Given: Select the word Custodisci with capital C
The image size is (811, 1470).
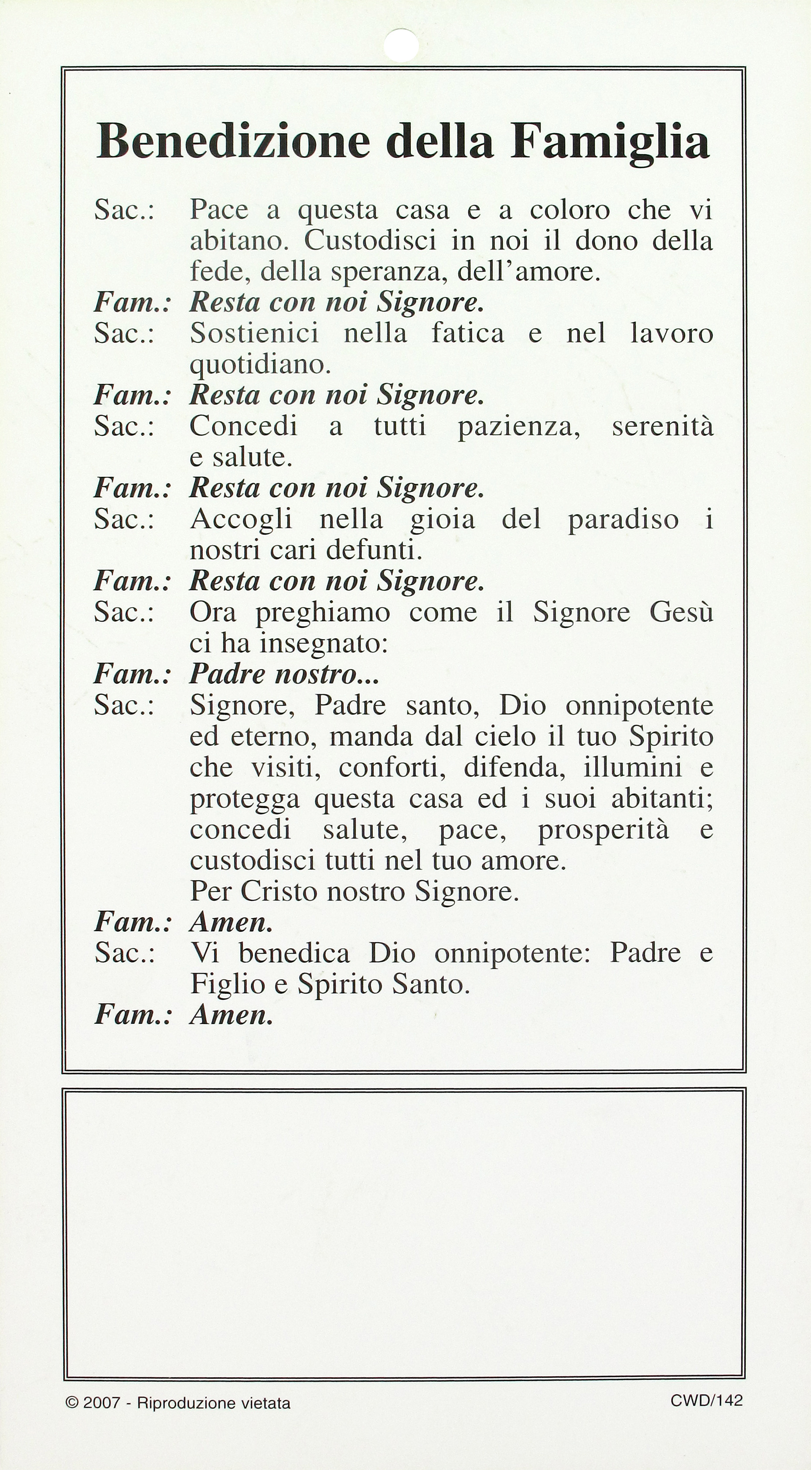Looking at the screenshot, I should (x=370, y=241).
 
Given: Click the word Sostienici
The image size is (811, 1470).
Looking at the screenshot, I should (x=254, y=333).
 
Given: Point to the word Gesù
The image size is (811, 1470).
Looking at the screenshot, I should (x=682, y=613).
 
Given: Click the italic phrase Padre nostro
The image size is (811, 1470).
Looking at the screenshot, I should (x=283, y=674).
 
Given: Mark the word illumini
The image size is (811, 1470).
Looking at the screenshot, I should (x=633, y=768).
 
